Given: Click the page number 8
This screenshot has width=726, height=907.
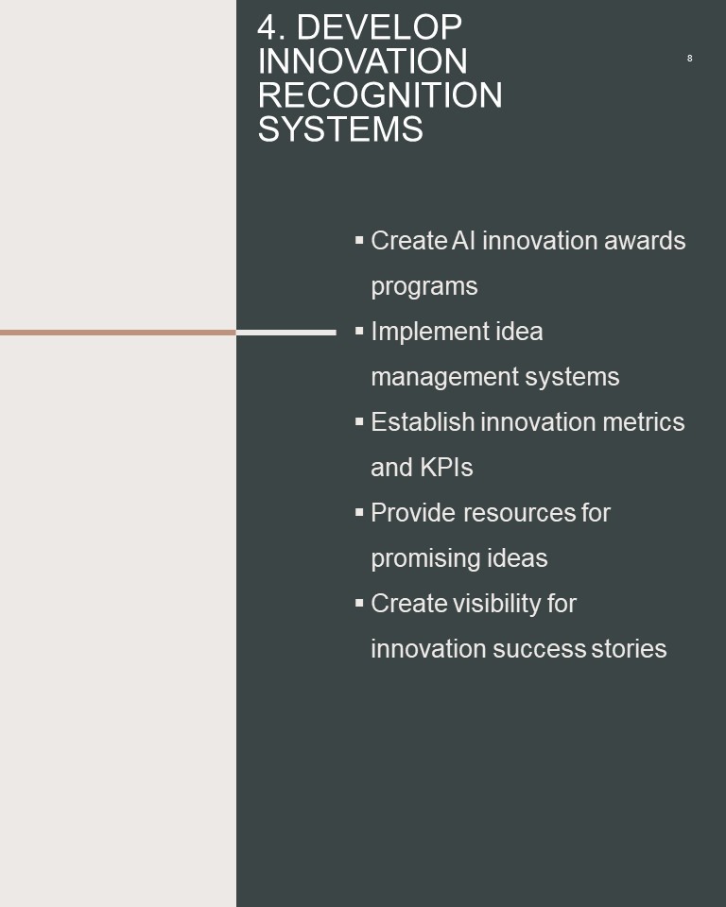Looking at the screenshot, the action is coord(689,59).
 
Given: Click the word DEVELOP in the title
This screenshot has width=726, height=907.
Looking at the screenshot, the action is coord(379,27).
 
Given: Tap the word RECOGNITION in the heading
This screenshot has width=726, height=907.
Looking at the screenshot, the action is coord(380,94).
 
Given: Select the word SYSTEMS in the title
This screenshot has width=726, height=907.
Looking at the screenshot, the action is coord(340,129).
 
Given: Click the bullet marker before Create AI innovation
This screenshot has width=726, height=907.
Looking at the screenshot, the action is coord(359,239).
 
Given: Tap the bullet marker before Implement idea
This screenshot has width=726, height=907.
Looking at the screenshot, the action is coord(359,331).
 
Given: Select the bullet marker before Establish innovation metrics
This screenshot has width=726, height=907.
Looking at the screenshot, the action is coord(359,421).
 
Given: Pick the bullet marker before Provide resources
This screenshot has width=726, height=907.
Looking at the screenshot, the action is coord(359,512).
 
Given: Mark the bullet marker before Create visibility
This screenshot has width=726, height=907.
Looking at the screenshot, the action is coord(359,603).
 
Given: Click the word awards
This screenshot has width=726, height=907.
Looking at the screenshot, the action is coord(645,241).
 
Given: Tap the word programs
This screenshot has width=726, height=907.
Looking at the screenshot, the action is coord(424,287).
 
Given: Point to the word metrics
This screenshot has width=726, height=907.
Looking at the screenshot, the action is coord(643,422).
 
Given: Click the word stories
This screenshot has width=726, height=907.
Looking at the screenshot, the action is coord(629,649).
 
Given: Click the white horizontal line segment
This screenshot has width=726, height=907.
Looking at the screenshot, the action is coord(286,333).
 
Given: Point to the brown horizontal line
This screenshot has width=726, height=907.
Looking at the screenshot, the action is coord(118,333).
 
